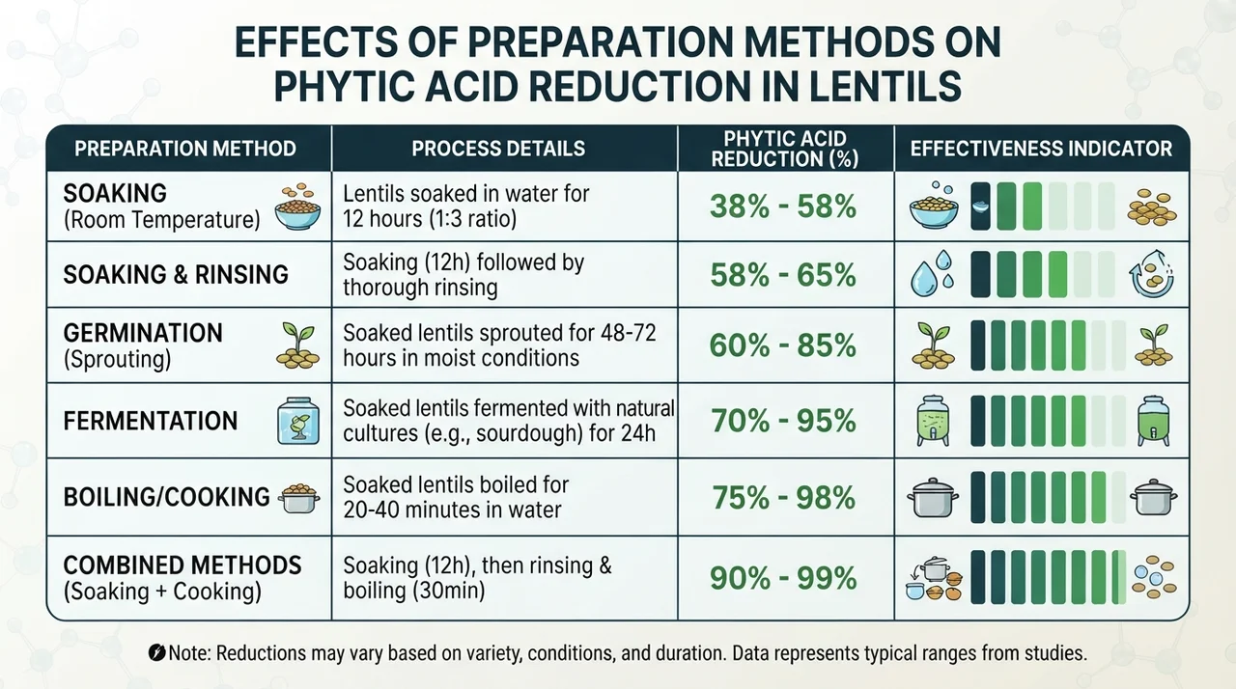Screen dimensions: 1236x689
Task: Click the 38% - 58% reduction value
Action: click(783, 207)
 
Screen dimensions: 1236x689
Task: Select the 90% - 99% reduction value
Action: click(783, 578)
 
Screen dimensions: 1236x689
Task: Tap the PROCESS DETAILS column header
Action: click(498, 149)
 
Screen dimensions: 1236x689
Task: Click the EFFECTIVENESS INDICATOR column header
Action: click(1041, 149)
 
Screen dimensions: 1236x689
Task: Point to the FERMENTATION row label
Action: click(150, 421)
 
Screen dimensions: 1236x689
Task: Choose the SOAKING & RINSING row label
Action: click(176, 274)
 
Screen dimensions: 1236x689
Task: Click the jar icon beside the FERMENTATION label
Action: click(298, 421)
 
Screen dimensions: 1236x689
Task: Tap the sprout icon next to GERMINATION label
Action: click(298, 345)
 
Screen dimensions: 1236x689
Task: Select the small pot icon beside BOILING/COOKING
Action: click(298, 498)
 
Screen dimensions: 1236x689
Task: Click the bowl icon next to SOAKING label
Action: click(298, 207)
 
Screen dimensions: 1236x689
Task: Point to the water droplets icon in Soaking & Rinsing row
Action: click(933, 273)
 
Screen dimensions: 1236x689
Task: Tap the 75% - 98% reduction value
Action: click(783, 498)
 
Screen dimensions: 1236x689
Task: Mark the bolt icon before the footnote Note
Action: click(156, 653)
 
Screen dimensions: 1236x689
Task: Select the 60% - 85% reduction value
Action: click(783, 345)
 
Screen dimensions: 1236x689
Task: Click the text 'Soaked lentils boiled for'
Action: click(456, 485)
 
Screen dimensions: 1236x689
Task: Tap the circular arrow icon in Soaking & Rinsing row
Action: click(1152, 274)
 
